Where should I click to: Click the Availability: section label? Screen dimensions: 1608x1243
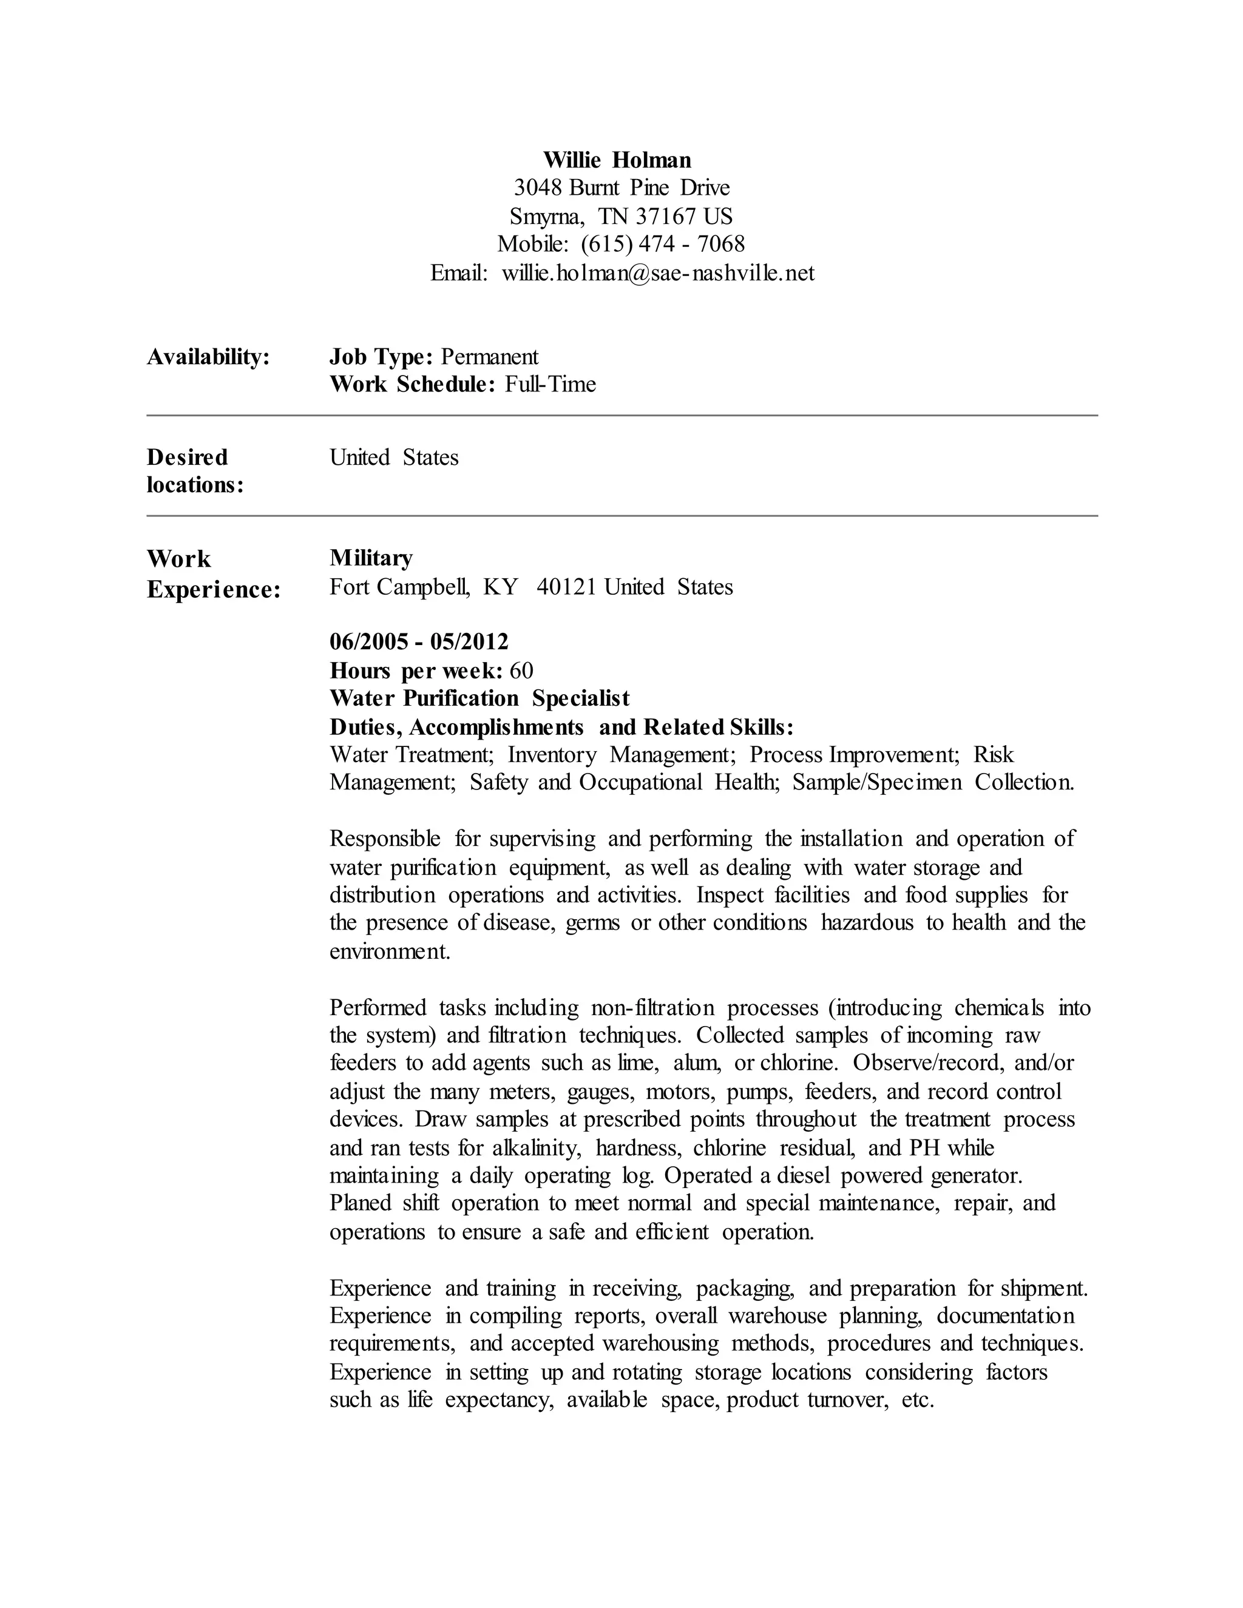pyautogui.click(x=208, y=357)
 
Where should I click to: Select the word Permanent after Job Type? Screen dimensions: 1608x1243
pyautogui.click(x=490, y=357)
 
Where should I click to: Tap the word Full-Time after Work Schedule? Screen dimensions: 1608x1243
pyautogui.click(x=550, y=384)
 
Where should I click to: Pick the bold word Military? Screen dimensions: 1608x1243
pyautogui.click(x=371, y=558)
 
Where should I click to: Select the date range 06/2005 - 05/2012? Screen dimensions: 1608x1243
pyautogui.click(x=419, y=642)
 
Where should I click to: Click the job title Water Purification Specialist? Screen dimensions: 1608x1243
pyautogui.click(x=479, y=698)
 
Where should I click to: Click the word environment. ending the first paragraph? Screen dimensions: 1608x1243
pyautogui.click(x=390, y=951)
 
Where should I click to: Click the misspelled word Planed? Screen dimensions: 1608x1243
pyautogui.click(x=360, y=1203)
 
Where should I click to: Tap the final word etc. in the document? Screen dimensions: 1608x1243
pyautogui.click(x=918, y=1400)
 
